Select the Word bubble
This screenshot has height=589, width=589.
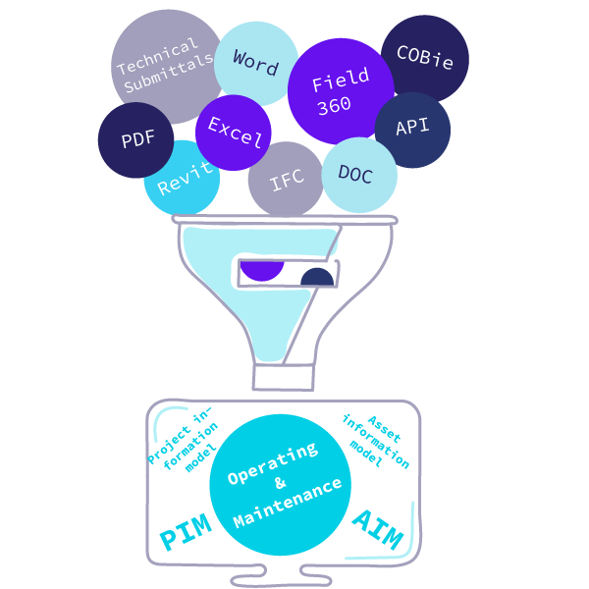(x=256, y=62)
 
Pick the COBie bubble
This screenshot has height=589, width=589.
(x=424, y=58)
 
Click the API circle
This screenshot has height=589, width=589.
(x=412, y=129)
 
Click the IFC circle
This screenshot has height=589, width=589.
(x=286, y=181)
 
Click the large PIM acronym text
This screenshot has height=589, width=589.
(x=186, y=535)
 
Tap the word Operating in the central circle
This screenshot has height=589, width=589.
(x=272, y=462)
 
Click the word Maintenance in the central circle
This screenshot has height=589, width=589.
(x=288, y=502)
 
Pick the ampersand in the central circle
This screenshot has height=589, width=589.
(x=280, y=483)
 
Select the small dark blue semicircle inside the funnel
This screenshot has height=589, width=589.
(x=317, y=278)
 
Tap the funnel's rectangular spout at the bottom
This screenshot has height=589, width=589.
(x=284, y=377)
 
